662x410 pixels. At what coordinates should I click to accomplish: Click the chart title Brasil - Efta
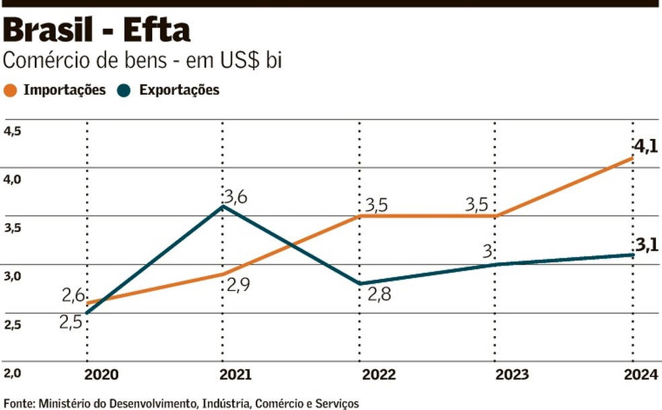click(98, 30)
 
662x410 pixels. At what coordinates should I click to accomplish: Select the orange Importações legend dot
click(10, 90)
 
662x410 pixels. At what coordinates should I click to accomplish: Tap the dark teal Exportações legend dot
click(126, 90)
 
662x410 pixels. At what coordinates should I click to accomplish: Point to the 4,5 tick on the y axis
click(13, 131)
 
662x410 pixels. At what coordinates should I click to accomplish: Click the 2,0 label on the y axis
click(13, 373)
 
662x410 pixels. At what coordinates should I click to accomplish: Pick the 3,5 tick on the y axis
click(13, 228)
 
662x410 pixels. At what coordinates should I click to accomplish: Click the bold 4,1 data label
click(645, 146)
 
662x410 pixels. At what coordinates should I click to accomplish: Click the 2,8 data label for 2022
click(378, 294)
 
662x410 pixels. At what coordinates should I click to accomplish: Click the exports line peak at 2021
click(222, 206)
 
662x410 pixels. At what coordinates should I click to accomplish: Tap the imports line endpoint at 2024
click(632, 158)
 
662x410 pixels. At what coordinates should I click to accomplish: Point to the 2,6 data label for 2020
click(74, 295)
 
